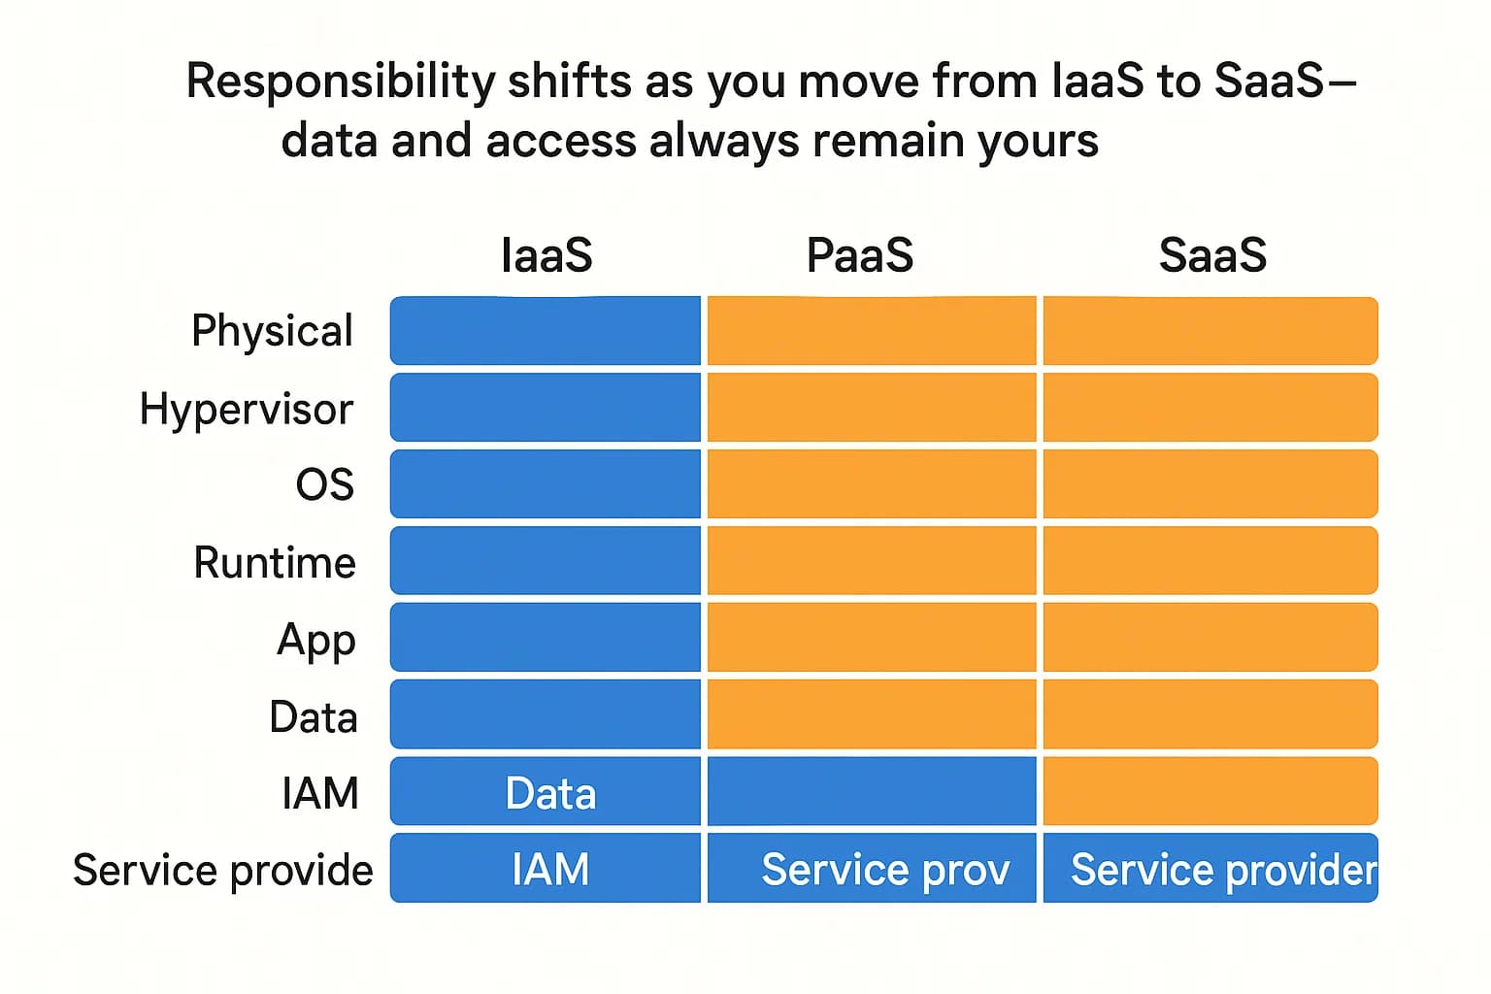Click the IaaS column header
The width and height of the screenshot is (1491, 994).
click(x=547, y=255)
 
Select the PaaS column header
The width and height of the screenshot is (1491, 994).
click(x=860, y=255)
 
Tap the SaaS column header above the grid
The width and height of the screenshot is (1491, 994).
click(x=1212, y=255)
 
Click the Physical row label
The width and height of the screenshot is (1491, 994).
click(x=272, y=331)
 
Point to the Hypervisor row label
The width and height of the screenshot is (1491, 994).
click(x=247, y=409)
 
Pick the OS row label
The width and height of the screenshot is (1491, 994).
click(x=325, y=484)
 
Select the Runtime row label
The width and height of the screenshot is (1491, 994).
click(x=275, y=563)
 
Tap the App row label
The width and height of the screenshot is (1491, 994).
click(x=316, y=641)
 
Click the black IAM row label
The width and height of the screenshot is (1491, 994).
click(x=320, y=794)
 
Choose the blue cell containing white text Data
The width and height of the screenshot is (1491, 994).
click(x=546, y=792)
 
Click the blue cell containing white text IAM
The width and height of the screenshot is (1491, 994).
click(x=546, y=869)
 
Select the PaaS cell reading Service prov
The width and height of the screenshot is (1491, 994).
click(x=872, y=869)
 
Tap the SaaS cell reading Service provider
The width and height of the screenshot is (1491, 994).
click(x=1210, y=869)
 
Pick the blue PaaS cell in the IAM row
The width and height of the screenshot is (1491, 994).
click(x=872, y=792)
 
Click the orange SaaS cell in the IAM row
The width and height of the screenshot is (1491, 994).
click(x=1210, y=792)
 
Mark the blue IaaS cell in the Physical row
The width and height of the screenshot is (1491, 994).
click(x=546, y=331)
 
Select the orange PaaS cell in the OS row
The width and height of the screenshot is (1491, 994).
click(x=872, y=484)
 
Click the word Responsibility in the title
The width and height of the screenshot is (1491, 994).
click(x=340, y=82)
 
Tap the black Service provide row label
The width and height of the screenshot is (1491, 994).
click(x=223, y=871)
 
